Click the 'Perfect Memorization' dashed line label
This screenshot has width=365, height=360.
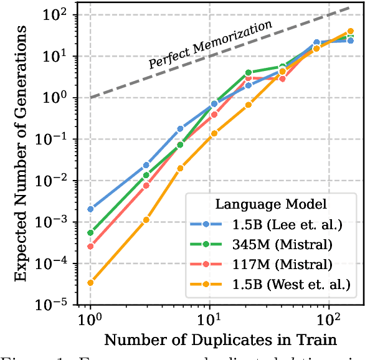pos(210,44)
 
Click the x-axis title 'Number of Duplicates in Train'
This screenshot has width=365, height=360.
pos(220,339)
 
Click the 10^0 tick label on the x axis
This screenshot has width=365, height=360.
pos(90,321)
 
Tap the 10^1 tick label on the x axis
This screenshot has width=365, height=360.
pos(209,321)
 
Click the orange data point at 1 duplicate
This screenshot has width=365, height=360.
pos(90,283)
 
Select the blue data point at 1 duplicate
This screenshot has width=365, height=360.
pos(90,209)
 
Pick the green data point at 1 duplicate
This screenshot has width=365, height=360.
pos(90,233)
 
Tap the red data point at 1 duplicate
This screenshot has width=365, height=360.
pos(90,247)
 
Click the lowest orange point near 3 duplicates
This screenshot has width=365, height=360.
pos(146,220)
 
